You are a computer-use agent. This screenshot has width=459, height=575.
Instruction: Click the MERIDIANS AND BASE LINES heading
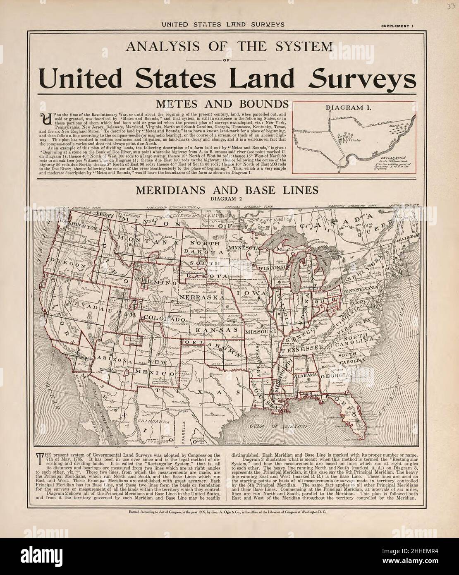pos(229,190)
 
